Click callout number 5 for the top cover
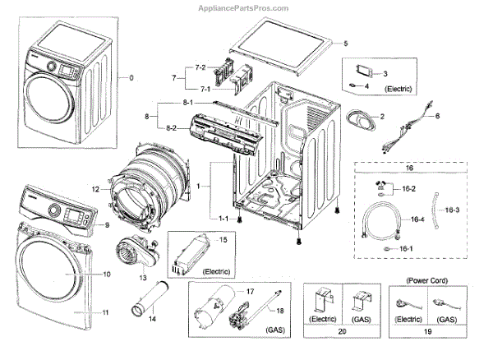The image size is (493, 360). pyautogui.click(x=345, y=43)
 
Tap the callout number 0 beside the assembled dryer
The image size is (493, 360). pyautogui.click(x=130, y=78)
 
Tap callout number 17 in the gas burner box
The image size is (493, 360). pyautogui.click(x=251, y=291)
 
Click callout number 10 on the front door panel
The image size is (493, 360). pyautogui.click(x=106, y=273)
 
